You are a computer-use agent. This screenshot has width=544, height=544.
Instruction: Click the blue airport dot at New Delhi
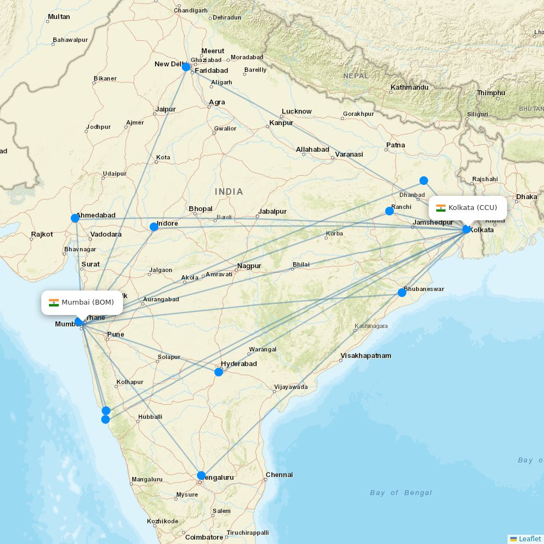coord(186,67)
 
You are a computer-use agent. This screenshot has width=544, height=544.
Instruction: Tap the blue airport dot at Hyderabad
coord(219,372)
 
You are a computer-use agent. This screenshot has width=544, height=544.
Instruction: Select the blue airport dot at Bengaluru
coord(201,475)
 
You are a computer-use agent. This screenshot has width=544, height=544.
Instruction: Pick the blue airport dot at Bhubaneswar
coord(402,293)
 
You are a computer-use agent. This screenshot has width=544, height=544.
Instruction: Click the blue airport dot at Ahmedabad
coord(75,218)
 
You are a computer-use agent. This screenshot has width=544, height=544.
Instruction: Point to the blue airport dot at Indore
coord(154,227)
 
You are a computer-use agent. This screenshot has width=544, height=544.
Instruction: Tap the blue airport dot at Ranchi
coord(390,211)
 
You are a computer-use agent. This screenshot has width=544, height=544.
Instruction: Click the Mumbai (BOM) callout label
coord(82,302)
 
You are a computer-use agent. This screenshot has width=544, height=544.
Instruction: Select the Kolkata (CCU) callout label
coord(468,208)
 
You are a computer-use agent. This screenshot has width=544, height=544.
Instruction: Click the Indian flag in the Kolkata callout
coord(441,208)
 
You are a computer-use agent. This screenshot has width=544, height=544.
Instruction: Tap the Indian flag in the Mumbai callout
coord(54,302)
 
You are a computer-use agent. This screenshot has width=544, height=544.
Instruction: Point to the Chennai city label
coord(279,475)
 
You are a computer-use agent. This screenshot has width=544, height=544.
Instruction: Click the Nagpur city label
coord(249,266)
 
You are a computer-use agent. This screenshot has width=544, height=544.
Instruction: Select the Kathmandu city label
coord(410,87)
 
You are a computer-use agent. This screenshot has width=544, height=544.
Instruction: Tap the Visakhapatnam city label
coord(366,356)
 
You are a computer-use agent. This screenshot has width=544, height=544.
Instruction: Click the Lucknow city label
coord(296,112)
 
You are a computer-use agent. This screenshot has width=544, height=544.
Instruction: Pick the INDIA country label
coord(229,191)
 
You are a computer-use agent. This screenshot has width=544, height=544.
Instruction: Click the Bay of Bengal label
coord(401,493)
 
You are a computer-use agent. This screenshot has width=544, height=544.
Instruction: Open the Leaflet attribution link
coord(529,539)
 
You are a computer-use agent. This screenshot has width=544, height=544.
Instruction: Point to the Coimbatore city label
coord(204,537)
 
